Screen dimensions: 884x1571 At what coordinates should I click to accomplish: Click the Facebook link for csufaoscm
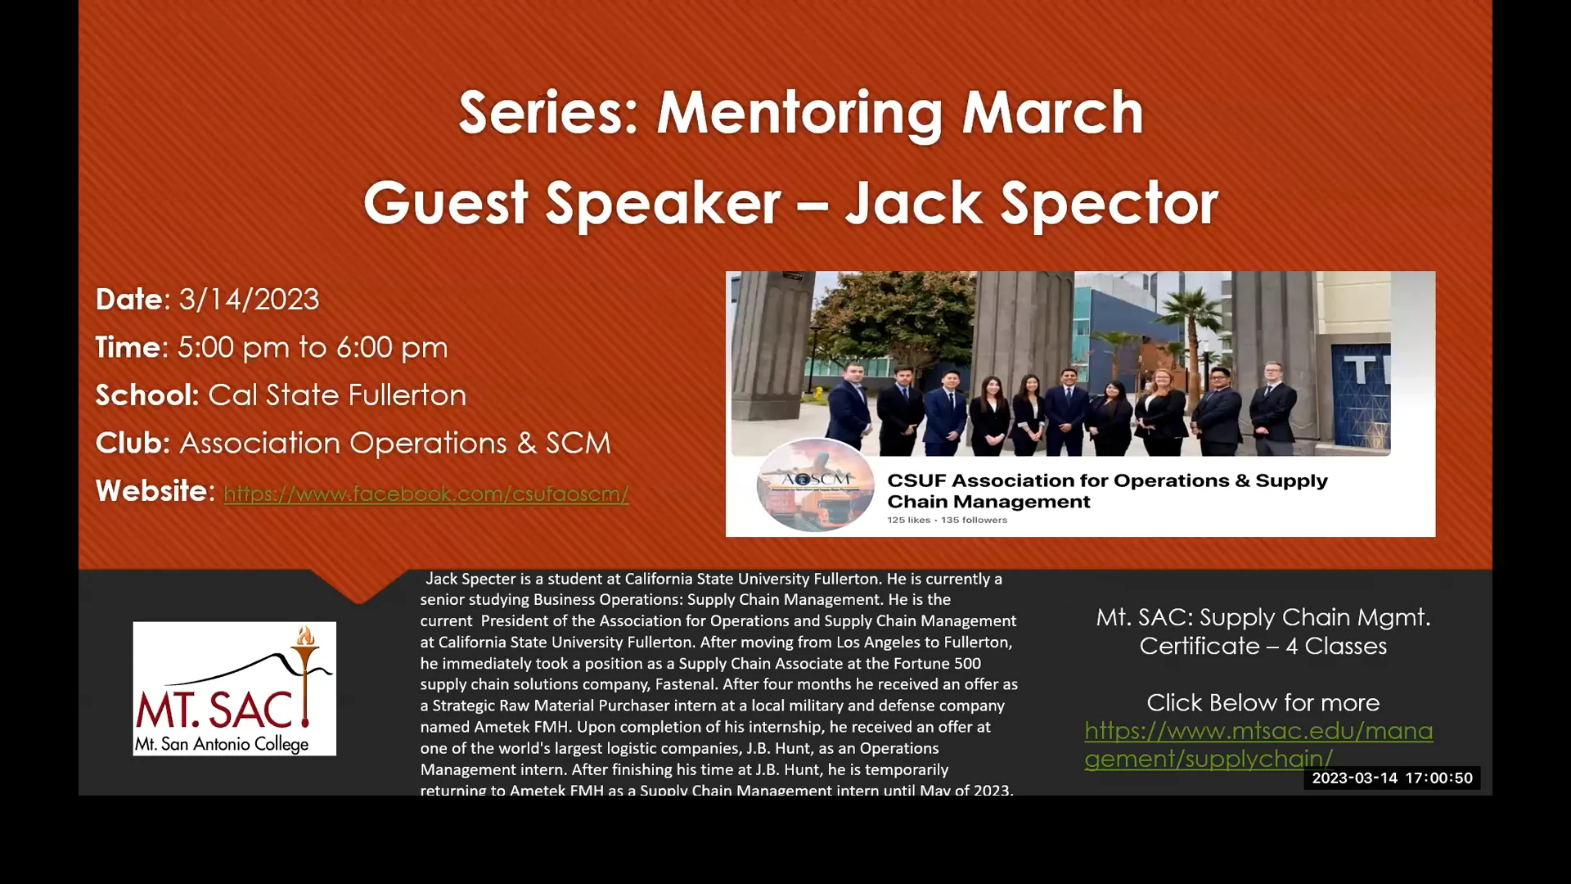pos(425,494)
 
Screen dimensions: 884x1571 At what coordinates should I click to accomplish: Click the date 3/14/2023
pos(249,300)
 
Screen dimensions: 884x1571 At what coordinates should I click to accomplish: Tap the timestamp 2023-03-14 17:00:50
pos(1392,778)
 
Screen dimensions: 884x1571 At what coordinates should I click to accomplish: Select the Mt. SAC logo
pos(234,688)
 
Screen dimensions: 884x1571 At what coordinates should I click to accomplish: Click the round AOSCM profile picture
pos(814,485)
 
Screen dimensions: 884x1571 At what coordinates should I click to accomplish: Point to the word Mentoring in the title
pos(801,113)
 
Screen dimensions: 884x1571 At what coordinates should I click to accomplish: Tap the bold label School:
pos(147,395)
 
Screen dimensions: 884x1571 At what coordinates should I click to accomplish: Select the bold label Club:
pos(133,444)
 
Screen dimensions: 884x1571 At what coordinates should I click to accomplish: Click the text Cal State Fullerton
pos(337,395)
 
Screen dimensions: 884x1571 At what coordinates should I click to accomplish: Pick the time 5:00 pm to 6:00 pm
pos(313,348)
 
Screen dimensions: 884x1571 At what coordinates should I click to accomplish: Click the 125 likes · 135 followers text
pos(947,521)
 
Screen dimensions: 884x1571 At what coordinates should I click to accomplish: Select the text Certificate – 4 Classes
pos(1263,647)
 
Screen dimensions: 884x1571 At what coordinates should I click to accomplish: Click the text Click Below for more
pos(1263,703)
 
